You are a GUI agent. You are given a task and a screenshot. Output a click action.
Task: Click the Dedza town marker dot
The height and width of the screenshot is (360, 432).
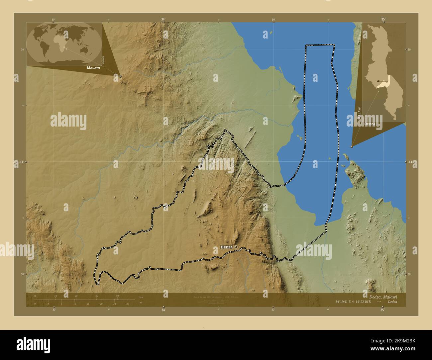[x=236, y=247]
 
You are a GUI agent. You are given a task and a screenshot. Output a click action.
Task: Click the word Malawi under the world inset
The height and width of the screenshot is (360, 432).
[x=93, y=67]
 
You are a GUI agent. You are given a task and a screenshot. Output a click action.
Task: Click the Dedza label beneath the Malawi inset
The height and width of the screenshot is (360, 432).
[x=370, y=124]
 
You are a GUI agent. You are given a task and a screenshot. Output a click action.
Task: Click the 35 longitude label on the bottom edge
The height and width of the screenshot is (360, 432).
[x=382, y=310]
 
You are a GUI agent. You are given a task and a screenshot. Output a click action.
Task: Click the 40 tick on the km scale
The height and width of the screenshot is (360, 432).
[x=117, y=296]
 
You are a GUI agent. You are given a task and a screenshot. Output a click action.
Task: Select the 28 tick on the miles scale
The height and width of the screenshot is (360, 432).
[x=128, y=304]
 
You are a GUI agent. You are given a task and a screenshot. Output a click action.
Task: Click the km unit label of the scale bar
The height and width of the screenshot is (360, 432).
[x=141, y=297]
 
